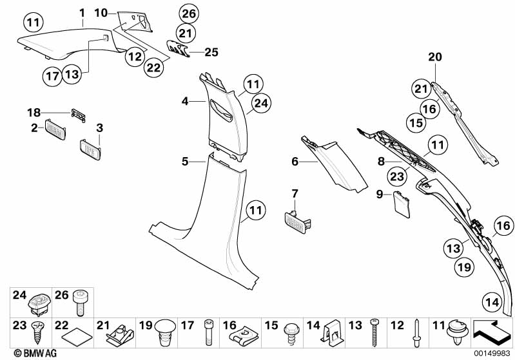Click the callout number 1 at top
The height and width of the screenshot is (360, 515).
(82, 12)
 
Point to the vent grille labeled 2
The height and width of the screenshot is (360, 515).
(56, 129)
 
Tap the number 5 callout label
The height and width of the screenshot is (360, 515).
(185, 162)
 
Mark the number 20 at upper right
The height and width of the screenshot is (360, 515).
(436, 57)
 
